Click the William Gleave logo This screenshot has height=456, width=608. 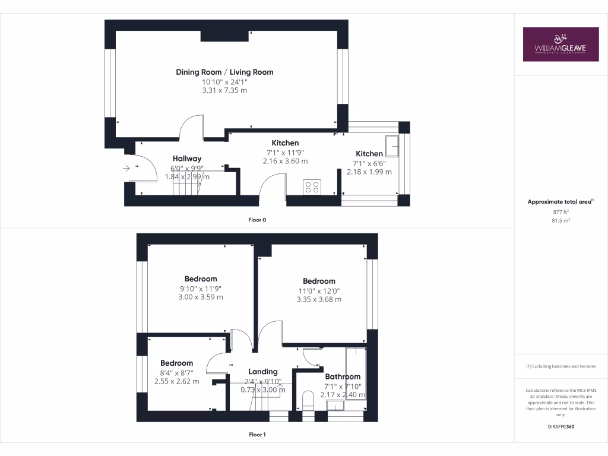coord(560,44)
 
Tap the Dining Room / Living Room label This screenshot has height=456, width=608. coord(224,72)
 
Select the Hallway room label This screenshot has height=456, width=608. coord(187,159)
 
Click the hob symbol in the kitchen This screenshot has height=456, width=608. coord(312,187)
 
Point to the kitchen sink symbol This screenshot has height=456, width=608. coord(392,145)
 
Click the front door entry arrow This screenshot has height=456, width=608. coord(126,169)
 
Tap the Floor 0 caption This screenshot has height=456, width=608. coord(257,220)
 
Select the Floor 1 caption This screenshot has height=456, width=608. coord(257,435)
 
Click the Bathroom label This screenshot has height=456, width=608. coord(343,376)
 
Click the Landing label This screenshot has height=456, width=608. coord(262,372)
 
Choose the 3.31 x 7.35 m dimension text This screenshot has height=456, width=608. coord(224,90)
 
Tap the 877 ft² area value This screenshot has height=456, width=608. coord(560,211)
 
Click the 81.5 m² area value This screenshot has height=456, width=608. coord(560,220)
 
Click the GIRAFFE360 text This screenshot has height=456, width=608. coord(560,427)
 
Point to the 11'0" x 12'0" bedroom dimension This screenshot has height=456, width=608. coord(319,291)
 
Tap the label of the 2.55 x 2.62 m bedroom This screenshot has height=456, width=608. coord(176,363)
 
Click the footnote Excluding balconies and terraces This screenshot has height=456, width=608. coord(560,366)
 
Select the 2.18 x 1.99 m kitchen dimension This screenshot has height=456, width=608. coord(369,172)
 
